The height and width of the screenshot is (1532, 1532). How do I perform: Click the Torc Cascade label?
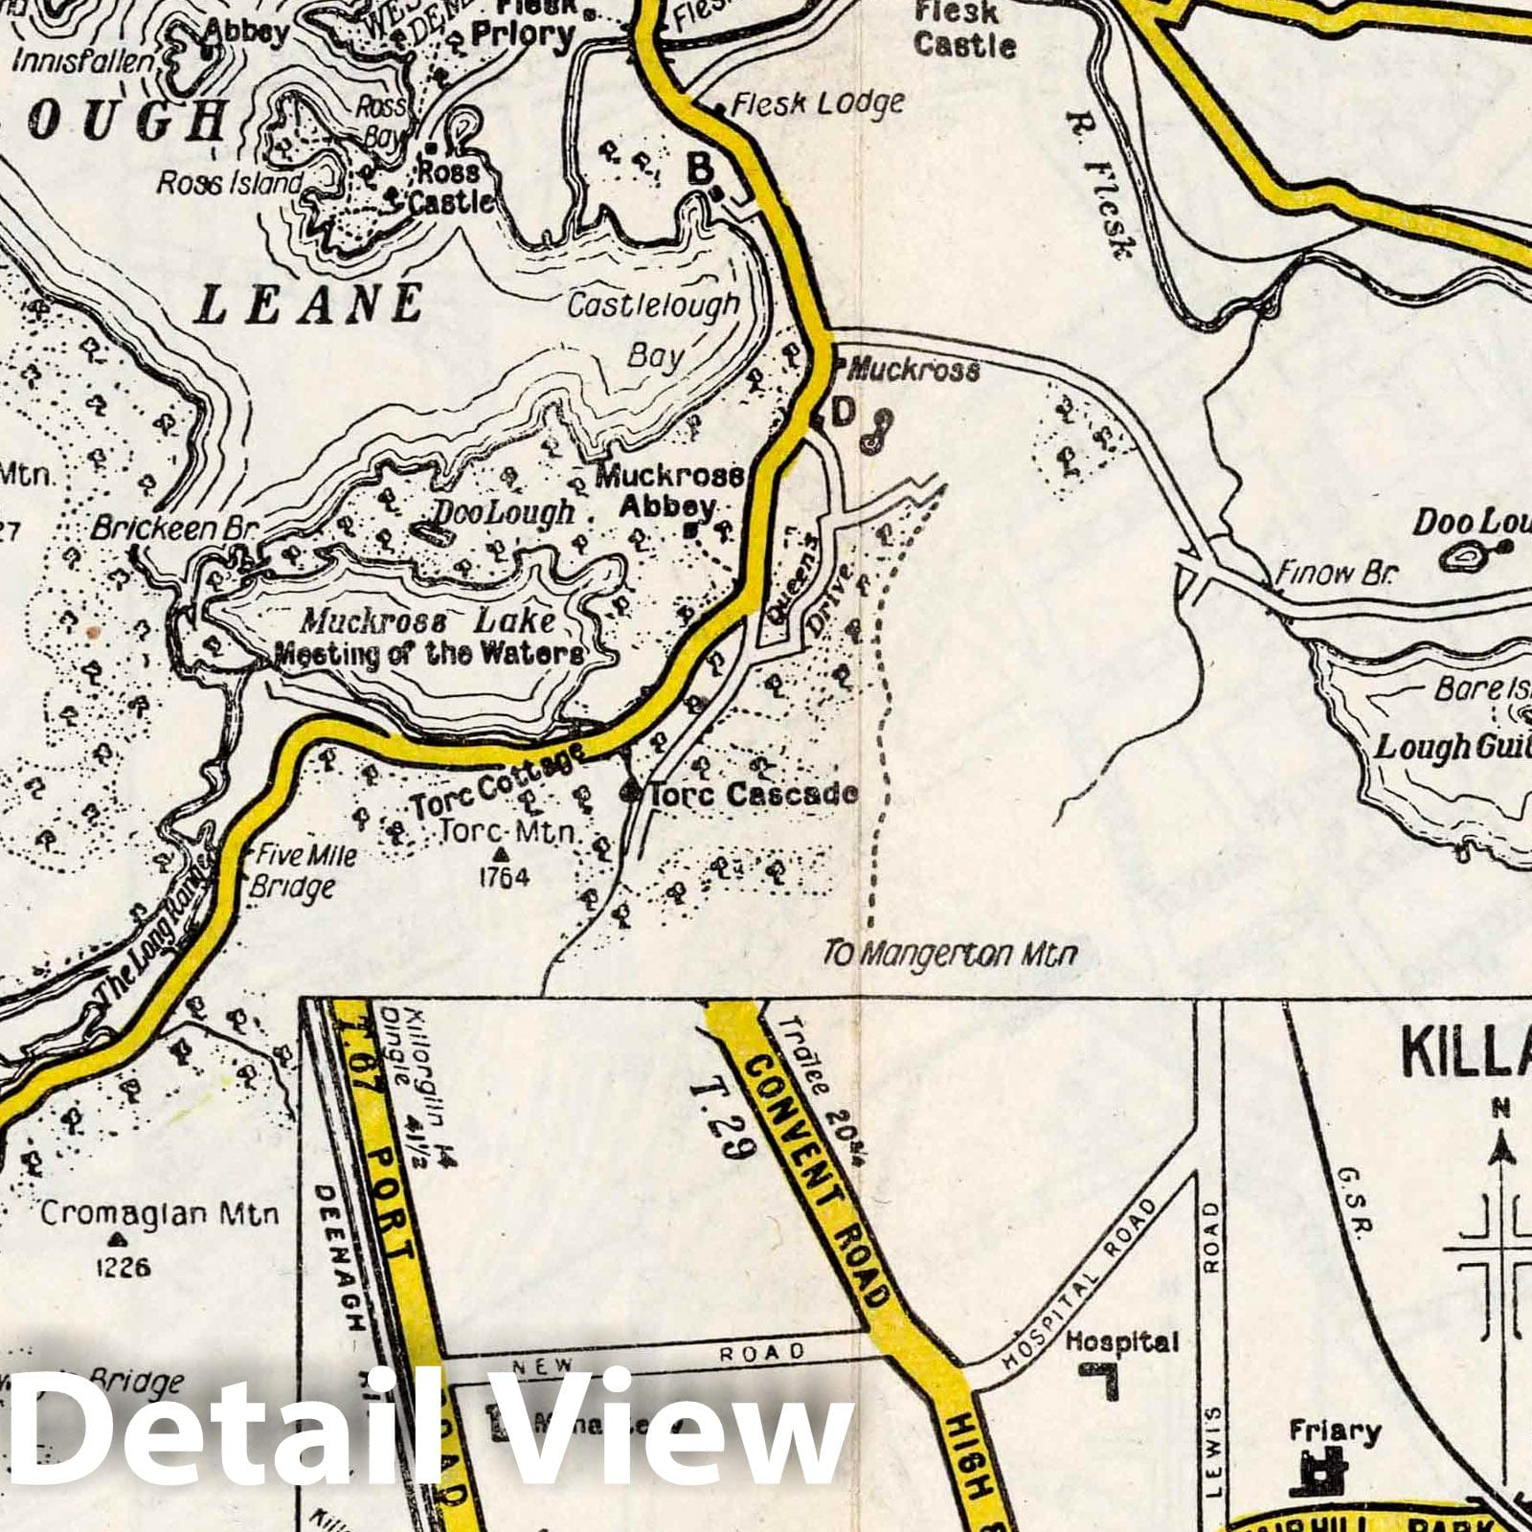point(753,794)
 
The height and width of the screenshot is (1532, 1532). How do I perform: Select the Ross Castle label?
point(450,187)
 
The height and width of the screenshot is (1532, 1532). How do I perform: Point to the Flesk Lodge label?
point(817,103)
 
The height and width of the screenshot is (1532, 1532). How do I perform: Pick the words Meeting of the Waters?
point(428,654)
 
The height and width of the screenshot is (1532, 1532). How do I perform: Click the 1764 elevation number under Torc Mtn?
point(501,876)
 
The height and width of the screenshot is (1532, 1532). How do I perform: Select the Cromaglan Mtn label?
point(160,1214)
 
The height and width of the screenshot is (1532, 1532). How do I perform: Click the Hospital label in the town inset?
point(1121,1342)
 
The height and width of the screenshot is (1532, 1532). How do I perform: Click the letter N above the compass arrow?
point(1500,1110)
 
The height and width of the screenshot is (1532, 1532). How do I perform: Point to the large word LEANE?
point(308,304)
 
